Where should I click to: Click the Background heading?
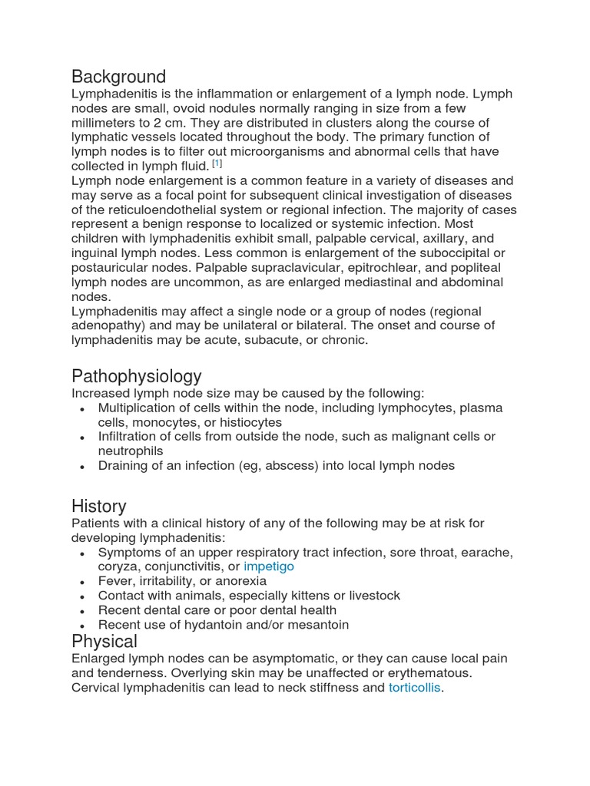pyautogui.click(x=118, y=77)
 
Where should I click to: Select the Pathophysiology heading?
pyautogui.click(x=137, y=376)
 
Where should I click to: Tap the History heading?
pyautogui.click(x=99, y=506)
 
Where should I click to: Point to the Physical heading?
pyautogui.click(x=104, y=641)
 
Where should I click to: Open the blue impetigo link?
pyautogui.click(x=269, y=566)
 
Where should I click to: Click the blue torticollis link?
pyautogui.click(x=415, y=688)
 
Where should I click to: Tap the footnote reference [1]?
pyautogui.click(x=218, y=164)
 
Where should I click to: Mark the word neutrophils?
pyautogui.click(x=131, y=451)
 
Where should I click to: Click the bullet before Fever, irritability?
pyautogui.click(x=82, y=582)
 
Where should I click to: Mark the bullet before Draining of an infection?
pyautogui.click(x=82, y=466)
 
